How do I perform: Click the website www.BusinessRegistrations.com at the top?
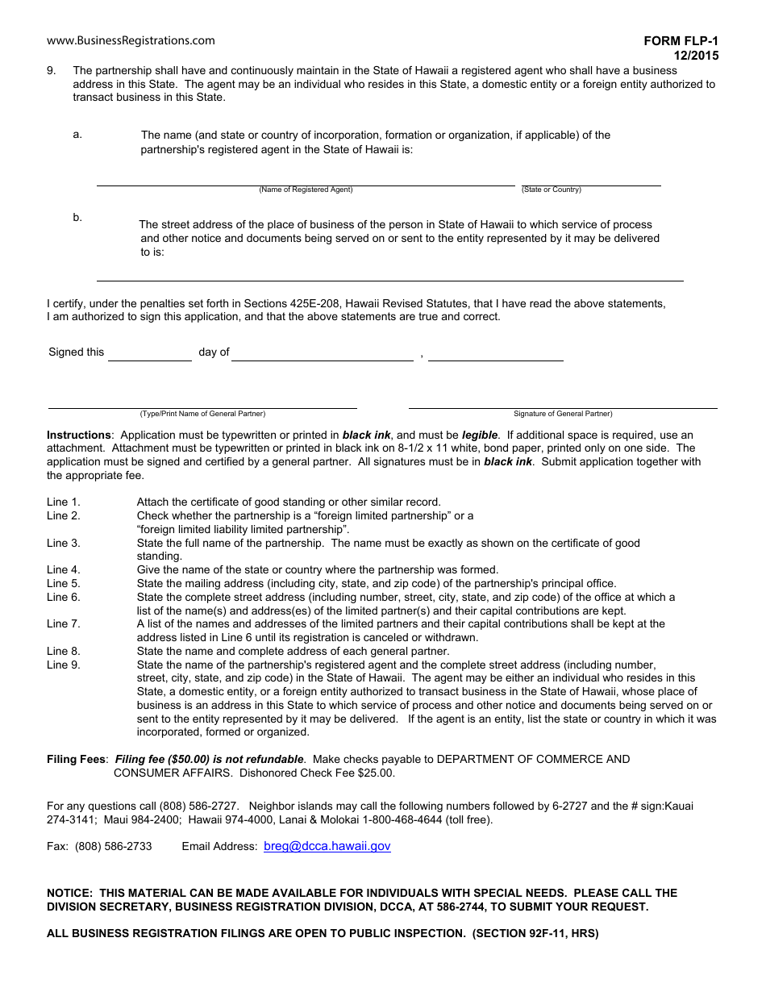(131, 40)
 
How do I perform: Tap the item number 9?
(51, 71)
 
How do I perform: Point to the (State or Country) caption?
(552, 190)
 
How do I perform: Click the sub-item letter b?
(77, 217)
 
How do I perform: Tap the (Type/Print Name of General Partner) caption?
(202, 414)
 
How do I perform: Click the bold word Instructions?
(78, 435)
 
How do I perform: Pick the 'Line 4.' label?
(64, 569)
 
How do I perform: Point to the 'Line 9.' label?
(64, 665)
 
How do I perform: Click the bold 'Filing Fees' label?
(76, 759)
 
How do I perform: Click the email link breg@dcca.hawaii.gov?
(327, 846)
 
